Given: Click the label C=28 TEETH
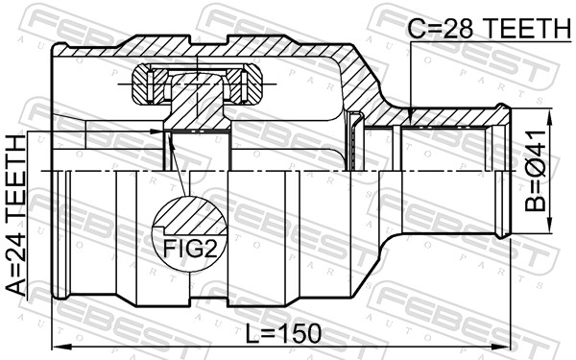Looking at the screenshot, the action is (x=490, y=29).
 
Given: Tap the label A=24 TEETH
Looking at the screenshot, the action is (x=17, y=216).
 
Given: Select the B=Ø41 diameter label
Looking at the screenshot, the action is (x=536, y=171).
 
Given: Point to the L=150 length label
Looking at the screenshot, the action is (x=283, y=334).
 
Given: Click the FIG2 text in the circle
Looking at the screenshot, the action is (x=189, y=249).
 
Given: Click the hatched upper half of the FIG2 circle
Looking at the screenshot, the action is (x=190, y=216).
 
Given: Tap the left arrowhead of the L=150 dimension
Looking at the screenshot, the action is (x=61, y=346).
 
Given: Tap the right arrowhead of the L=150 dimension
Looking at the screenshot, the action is (x=501, y=346).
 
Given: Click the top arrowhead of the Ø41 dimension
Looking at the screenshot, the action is (x=550, y=117).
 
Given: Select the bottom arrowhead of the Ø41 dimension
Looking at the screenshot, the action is (x=550, y=224).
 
